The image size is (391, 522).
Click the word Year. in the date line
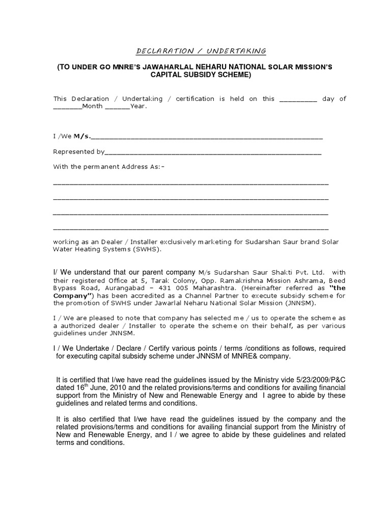(138, 107)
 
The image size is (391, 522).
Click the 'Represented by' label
(78, 151)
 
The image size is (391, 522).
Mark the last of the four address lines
(190, 227)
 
